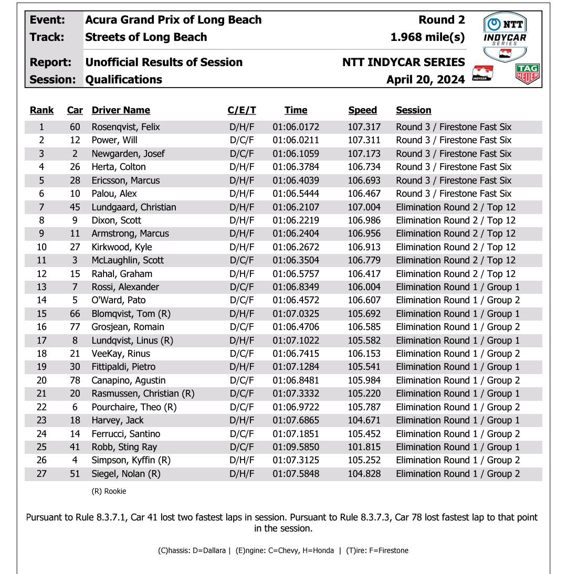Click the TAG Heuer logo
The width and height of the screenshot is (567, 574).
528,75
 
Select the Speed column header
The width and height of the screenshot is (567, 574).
362,110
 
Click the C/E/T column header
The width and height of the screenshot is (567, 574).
241,110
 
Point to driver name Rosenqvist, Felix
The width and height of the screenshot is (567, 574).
125,127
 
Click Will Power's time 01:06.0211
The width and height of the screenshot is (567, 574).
296,140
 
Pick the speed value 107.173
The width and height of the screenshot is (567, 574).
364,154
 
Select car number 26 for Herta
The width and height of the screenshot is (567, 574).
75,167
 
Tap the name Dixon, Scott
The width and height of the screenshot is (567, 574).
116,220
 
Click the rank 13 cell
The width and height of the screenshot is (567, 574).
41,287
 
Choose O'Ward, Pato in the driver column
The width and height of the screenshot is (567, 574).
119,300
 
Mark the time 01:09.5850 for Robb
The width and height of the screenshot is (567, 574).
296,447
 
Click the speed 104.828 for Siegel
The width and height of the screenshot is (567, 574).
364,474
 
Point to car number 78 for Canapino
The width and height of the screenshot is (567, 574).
75,380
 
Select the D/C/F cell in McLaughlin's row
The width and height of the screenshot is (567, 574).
241,260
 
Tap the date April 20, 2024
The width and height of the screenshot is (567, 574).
425,80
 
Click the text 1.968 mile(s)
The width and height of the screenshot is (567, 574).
427,37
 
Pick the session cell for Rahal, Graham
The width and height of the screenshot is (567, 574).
455,274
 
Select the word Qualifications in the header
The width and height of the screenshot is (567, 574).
123,80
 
